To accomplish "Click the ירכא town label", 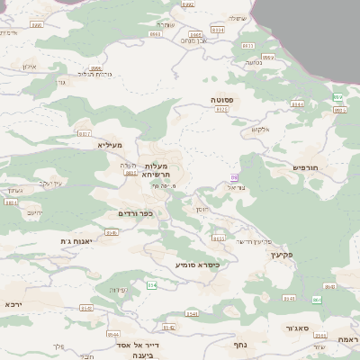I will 13,304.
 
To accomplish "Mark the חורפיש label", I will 306,167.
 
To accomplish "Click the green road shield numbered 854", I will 151,284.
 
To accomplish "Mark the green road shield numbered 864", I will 317,299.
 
